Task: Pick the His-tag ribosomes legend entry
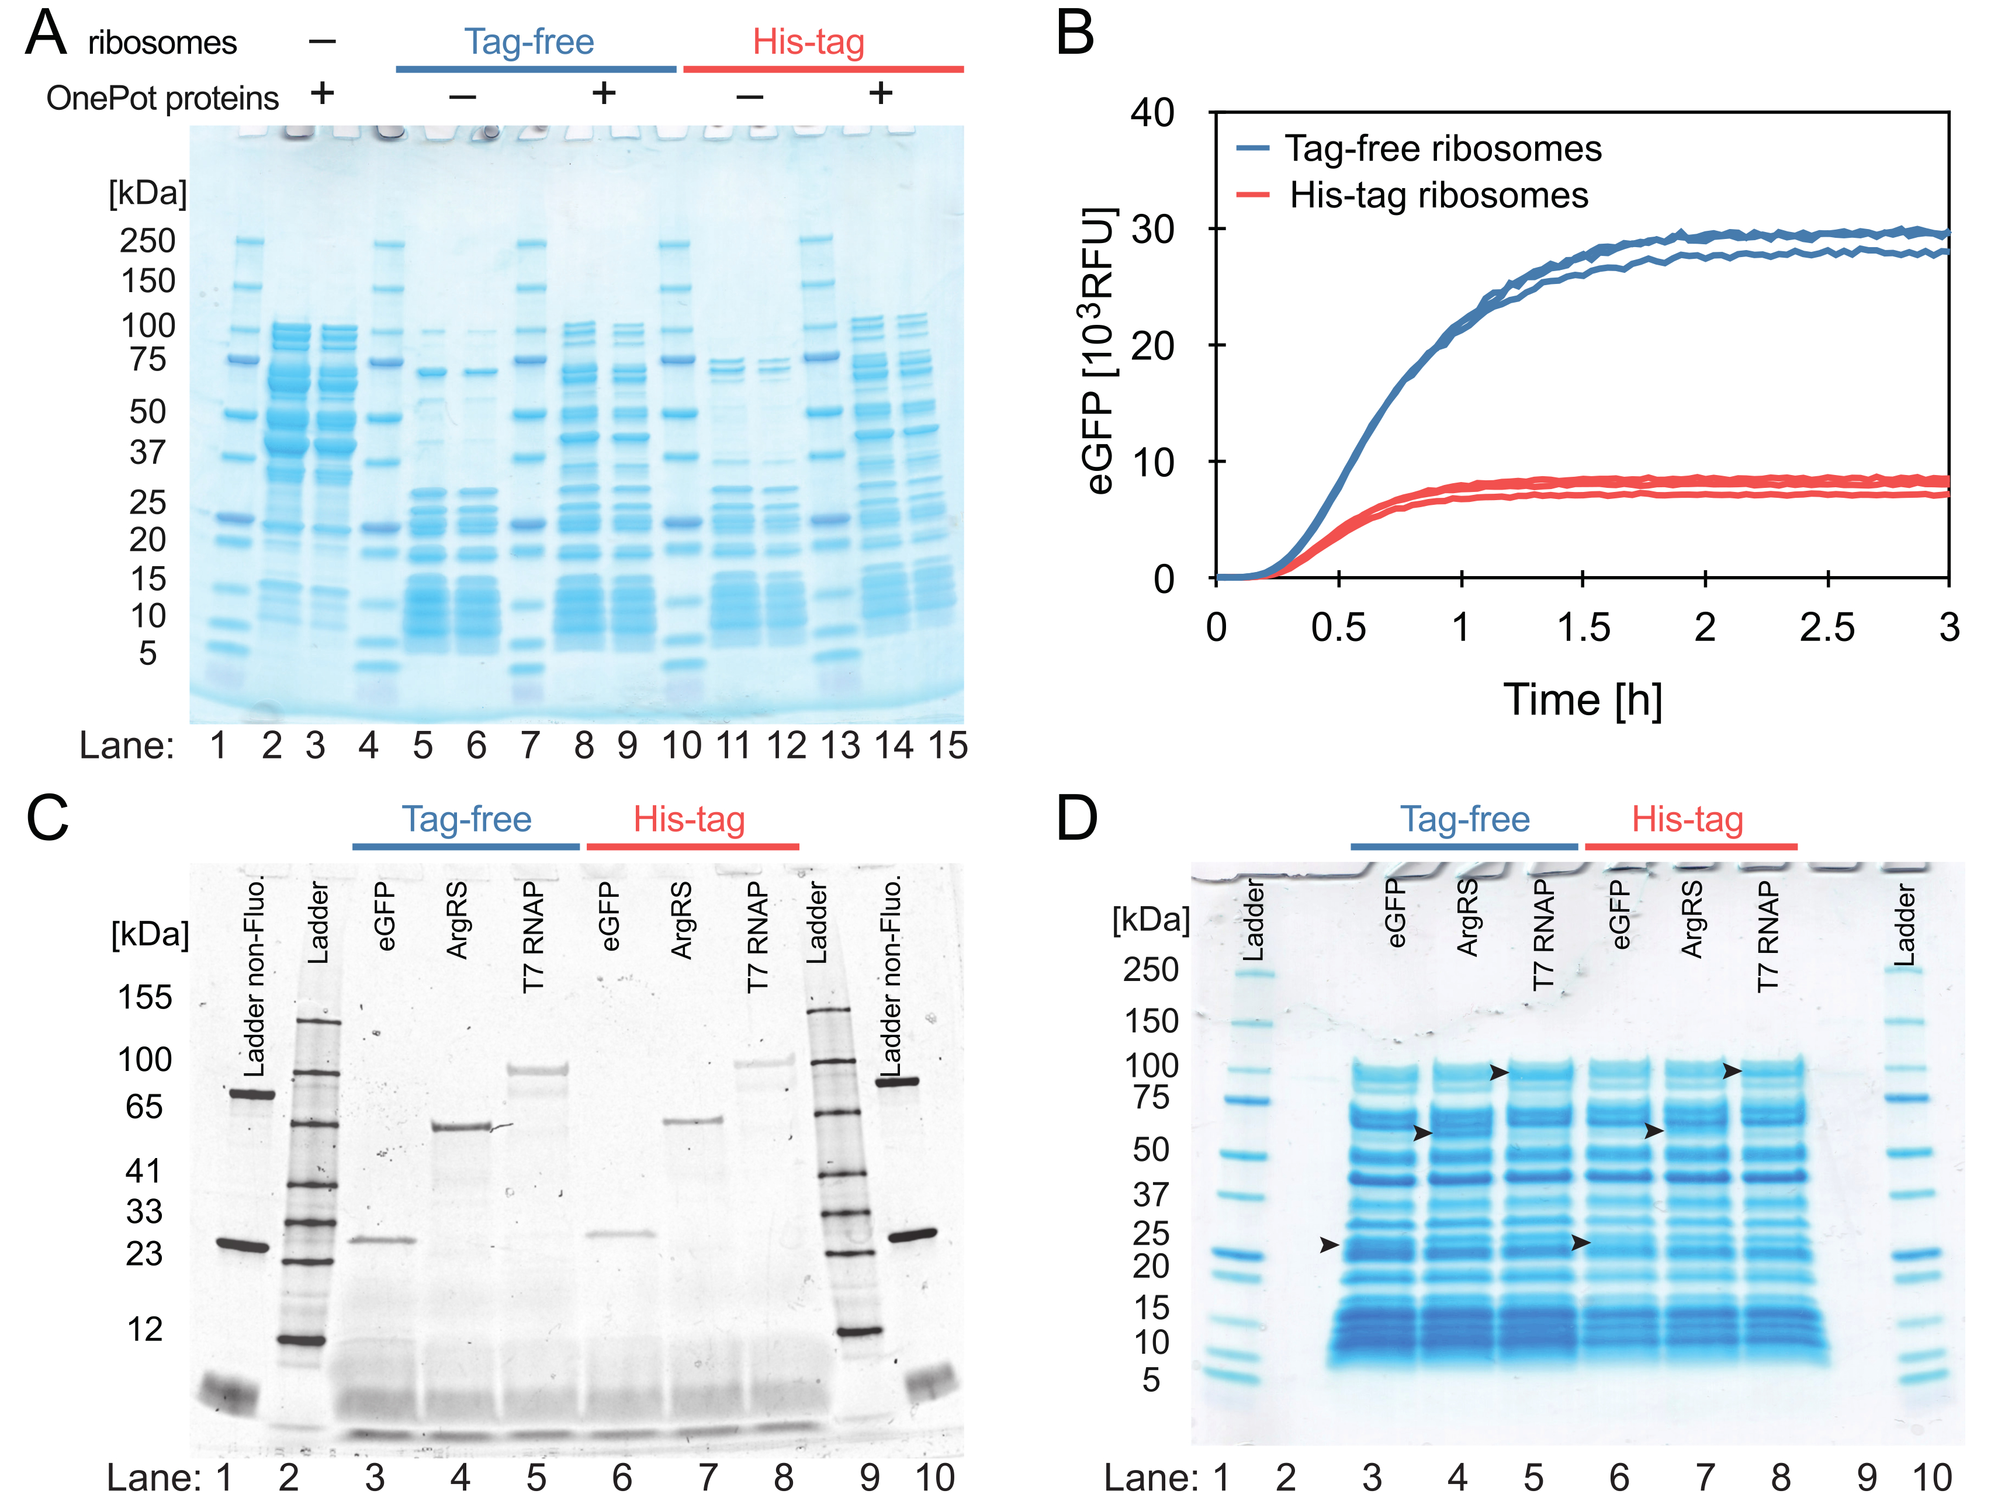coord(1438,195)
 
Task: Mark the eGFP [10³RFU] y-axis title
coord(1099,351)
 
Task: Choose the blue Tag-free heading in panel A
coord(529,41)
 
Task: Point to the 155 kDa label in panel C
coord(145,997)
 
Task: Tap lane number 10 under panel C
coord(934,1476)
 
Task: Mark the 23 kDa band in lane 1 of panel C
coord(241,1246)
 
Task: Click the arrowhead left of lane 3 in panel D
coord(1328,1245)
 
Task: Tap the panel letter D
coord(1076,818)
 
